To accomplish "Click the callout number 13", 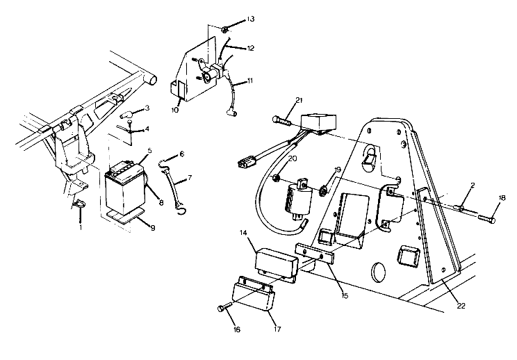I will (250, 19).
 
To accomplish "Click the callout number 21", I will (298, 101).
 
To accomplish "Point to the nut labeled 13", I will (227, 29).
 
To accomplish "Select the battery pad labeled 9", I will (127, 218).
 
